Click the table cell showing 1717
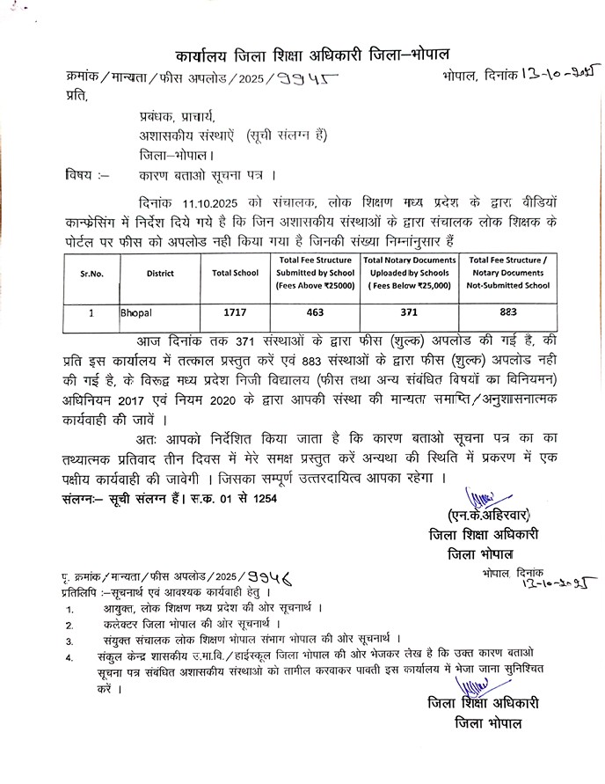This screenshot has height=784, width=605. click(x=235, y=311)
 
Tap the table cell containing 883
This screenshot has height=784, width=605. click(x=508, y=311)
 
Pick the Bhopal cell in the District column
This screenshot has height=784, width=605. click(x=136, y=311)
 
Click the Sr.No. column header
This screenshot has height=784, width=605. click(x=91, y=273)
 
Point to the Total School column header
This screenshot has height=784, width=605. click(x=235, y=273)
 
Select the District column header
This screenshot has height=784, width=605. click(x=161, y=273)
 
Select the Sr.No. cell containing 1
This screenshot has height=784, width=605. click(x=91, y=311)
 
